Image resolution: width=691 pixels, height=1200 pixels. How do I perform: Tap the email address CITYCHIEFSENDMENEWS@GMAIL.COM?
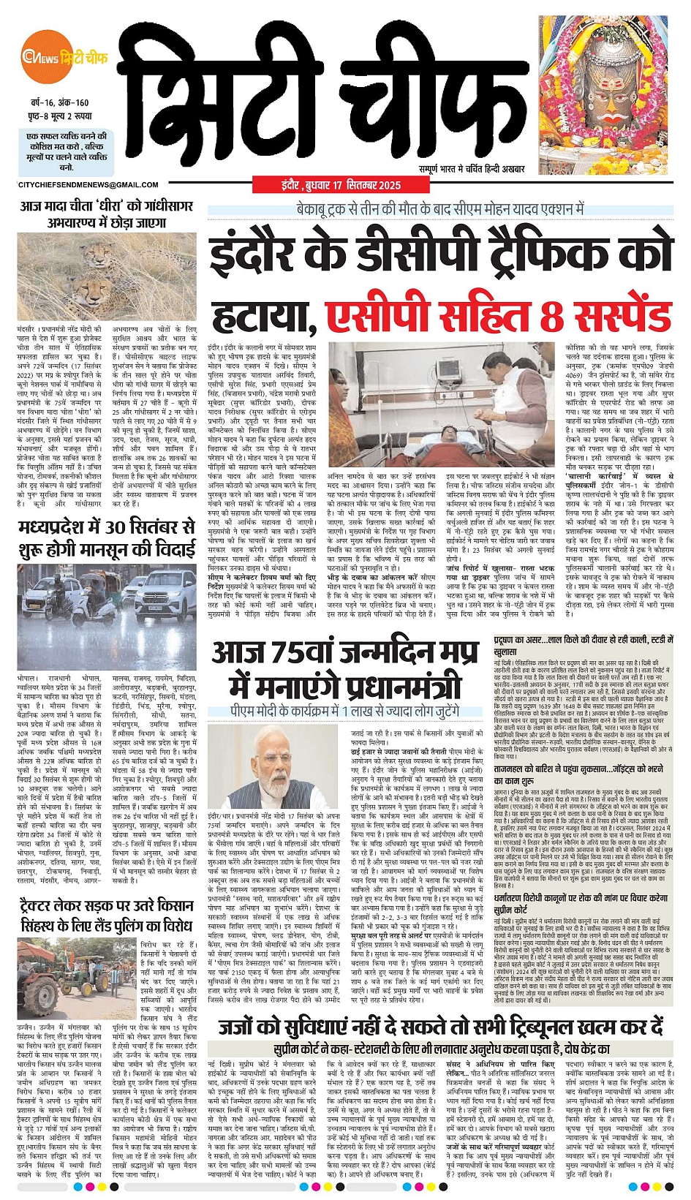tap(88, 185)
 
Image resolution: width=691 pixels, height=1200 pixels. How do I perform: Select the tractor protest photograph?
tap(76, 967)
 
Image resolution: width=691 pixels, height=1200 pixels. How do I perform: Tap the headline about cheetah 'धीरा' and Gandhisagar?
tap(107, 214)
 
